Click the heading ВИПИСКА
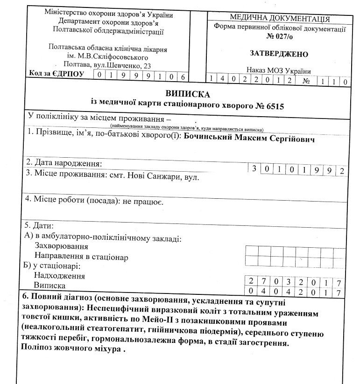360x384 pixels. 184,94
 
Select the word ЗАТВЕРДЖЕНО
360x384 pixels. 279,54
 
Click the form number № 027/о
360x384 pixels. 279,36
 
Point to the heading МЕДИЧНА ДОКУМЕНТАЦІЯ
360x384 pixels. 280,19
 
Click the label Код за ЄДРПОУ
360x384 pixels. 56,74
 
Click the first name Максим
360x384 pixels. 252,139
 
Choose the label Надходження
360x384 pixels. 59,276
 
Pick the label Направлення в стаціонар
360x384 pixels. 81,257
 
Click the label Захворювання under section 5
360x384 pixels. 61,247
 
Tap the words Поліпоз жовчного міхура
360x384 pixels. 72,348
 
